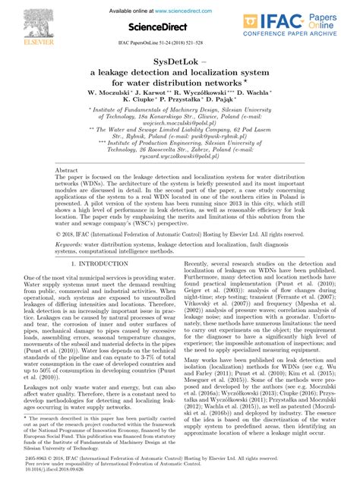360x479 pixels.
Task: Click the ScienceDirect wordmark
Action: [181, 27]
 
